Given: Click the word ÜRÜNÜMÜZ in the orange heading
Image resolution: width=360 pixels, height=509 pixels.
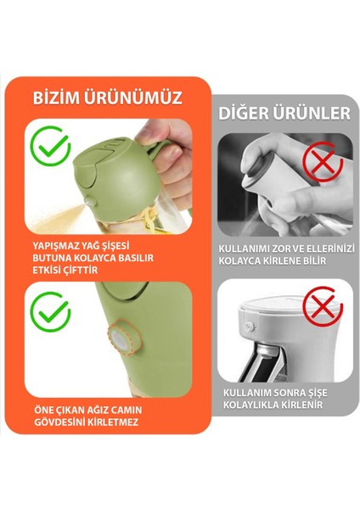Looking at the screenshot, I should (x=136, y=98).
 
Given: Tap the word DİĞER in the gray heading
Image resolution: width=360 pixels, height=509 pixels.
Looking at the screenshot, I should (x=246, y=113).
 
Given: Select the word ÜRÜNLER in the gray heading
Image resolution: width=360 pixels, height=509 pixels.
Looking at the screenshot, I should (x=312, y=113).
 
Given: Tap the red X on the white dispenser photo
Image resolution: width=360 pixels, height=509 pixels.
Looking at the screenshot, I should (x=320, y=308).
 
